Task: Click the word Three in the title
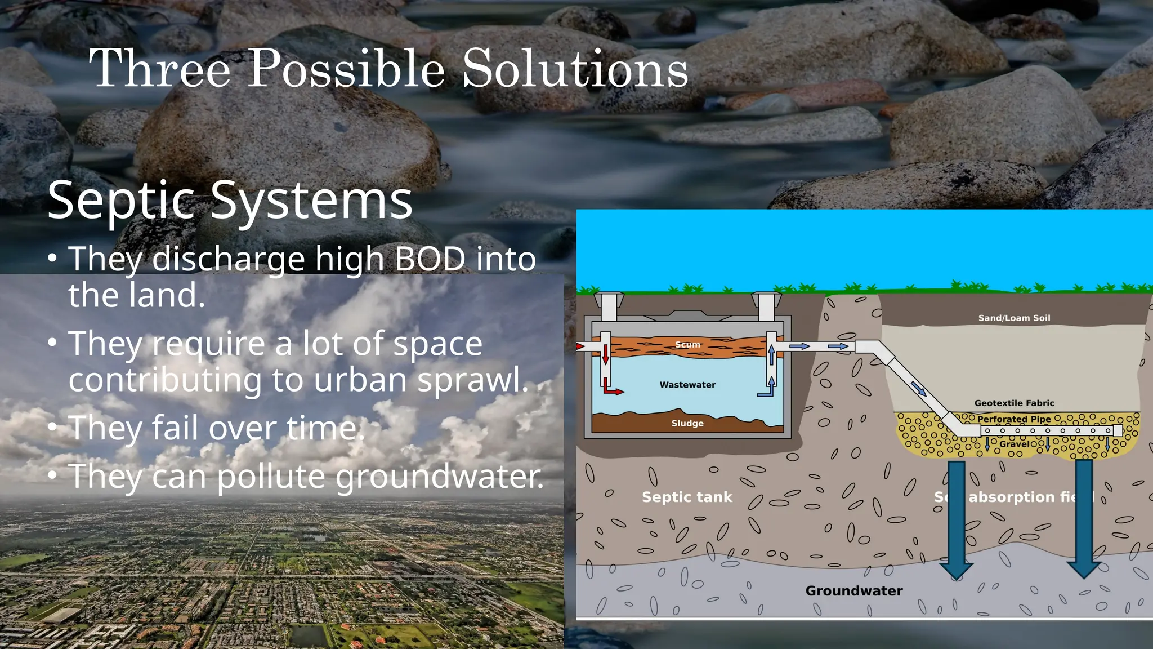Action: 160,69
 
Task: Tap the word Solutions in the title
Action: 575,69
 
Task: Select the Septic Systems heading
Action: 230,200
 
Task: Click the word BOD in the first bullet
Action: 430,259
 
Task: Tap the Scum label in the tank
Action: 687,345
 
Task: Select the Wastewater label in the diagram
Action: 687,385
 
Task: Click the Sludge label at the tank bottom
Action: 687,423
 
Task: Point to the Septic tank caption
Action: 687,497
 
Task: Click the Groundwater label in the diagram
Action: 853,590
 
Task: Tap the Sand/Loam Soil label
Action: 1014,318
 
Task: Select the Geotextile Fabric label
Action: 1014,403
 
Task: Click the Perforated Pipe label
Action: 1014,419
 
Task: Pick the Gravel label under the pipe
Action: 1015,444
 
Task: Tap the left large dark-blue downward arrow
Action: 955,518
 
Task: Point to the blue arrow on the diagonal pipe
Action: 918,388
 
